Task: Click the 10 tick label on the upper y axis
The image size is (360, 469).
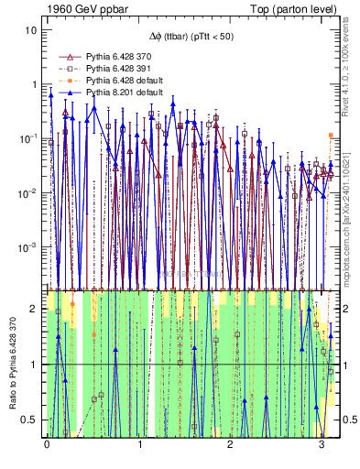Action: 30,29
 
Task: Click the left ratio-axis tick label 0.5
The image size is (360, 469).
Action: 30,420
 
